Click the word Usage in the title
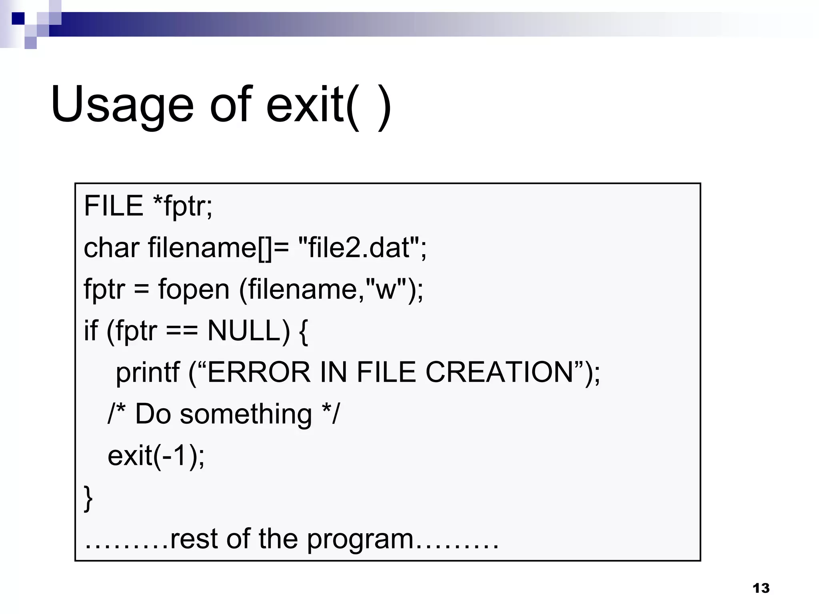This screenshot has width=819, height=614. (x=122, y=105)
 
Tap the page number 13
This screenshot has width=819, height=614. (x=761, y=588)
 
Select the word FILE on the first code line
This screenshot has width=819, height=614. (x=114, y=206)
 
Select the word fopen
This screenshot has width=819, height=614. (x=194, y=289)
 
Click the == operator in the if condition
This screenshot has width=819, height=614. (x=182, y=331)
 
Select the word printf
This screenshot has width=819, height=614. (x=148, y=373)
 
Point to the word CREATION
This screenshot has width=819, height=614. (x=499, y=372)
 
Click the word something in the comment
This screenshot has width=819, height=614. (x=246, y=414)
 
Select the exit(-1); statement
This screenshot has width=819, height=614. (x=156, y=456)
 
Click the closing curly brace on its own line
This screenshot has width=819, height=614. (x=88, y=498)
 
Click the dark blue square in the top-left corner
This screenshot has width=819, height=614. (x=18, y=18)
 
